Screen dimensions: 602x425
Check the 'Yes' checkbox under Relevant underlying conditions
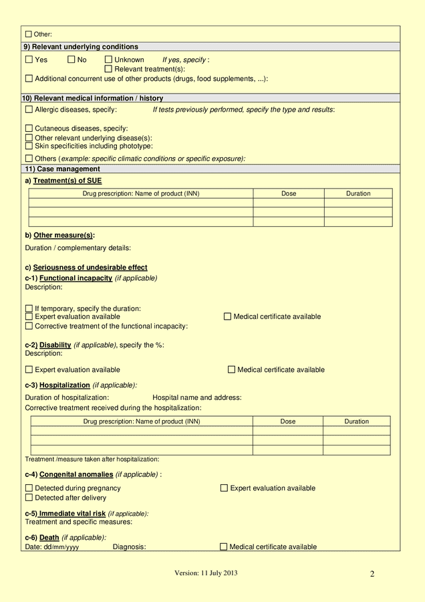pos(29,60)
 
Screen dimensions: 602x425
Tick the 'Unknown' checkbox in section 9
pos(108,60)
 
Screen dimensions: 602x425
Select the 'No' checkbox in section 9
pos(71,60)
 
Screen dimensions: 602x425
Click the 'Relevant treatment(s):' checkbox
pos(108,69)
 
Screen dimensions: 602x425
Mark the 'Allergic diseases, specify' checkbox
pos(29,109)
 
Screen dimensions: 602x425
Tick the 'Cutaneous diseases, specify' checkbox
pos(29,128)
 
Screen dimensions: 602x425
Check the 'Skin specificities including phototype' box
pos(29,146)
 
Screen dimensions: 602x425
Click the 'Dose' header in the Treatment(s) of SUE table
pos(289,193)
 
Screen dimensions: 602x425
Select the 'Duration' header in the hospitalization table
pos(356,421)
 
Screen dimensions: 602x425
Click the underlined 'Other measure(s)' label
pos(63,235)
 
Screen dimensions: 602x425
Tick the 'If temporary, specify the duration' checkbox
pos(29,308)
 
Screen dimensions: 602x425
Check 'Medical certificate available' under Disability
pos(232,369)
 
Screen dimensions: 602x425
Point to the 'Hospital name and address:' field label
pos(197,397)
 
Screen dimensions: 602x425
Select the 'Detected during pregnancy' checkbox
pos(29,488)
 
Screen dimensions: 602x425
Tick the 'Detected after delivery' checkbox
pos(29,498)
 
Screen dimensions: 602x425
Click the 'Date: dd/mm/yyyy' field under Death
pos(52,547)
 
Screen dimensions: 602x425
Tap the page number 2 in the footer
pos(372,574)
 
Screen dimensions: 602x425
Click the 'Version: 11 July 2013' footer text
pos(206,573)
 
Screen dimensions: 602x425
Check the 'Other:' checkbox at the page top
pos(29,34)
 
